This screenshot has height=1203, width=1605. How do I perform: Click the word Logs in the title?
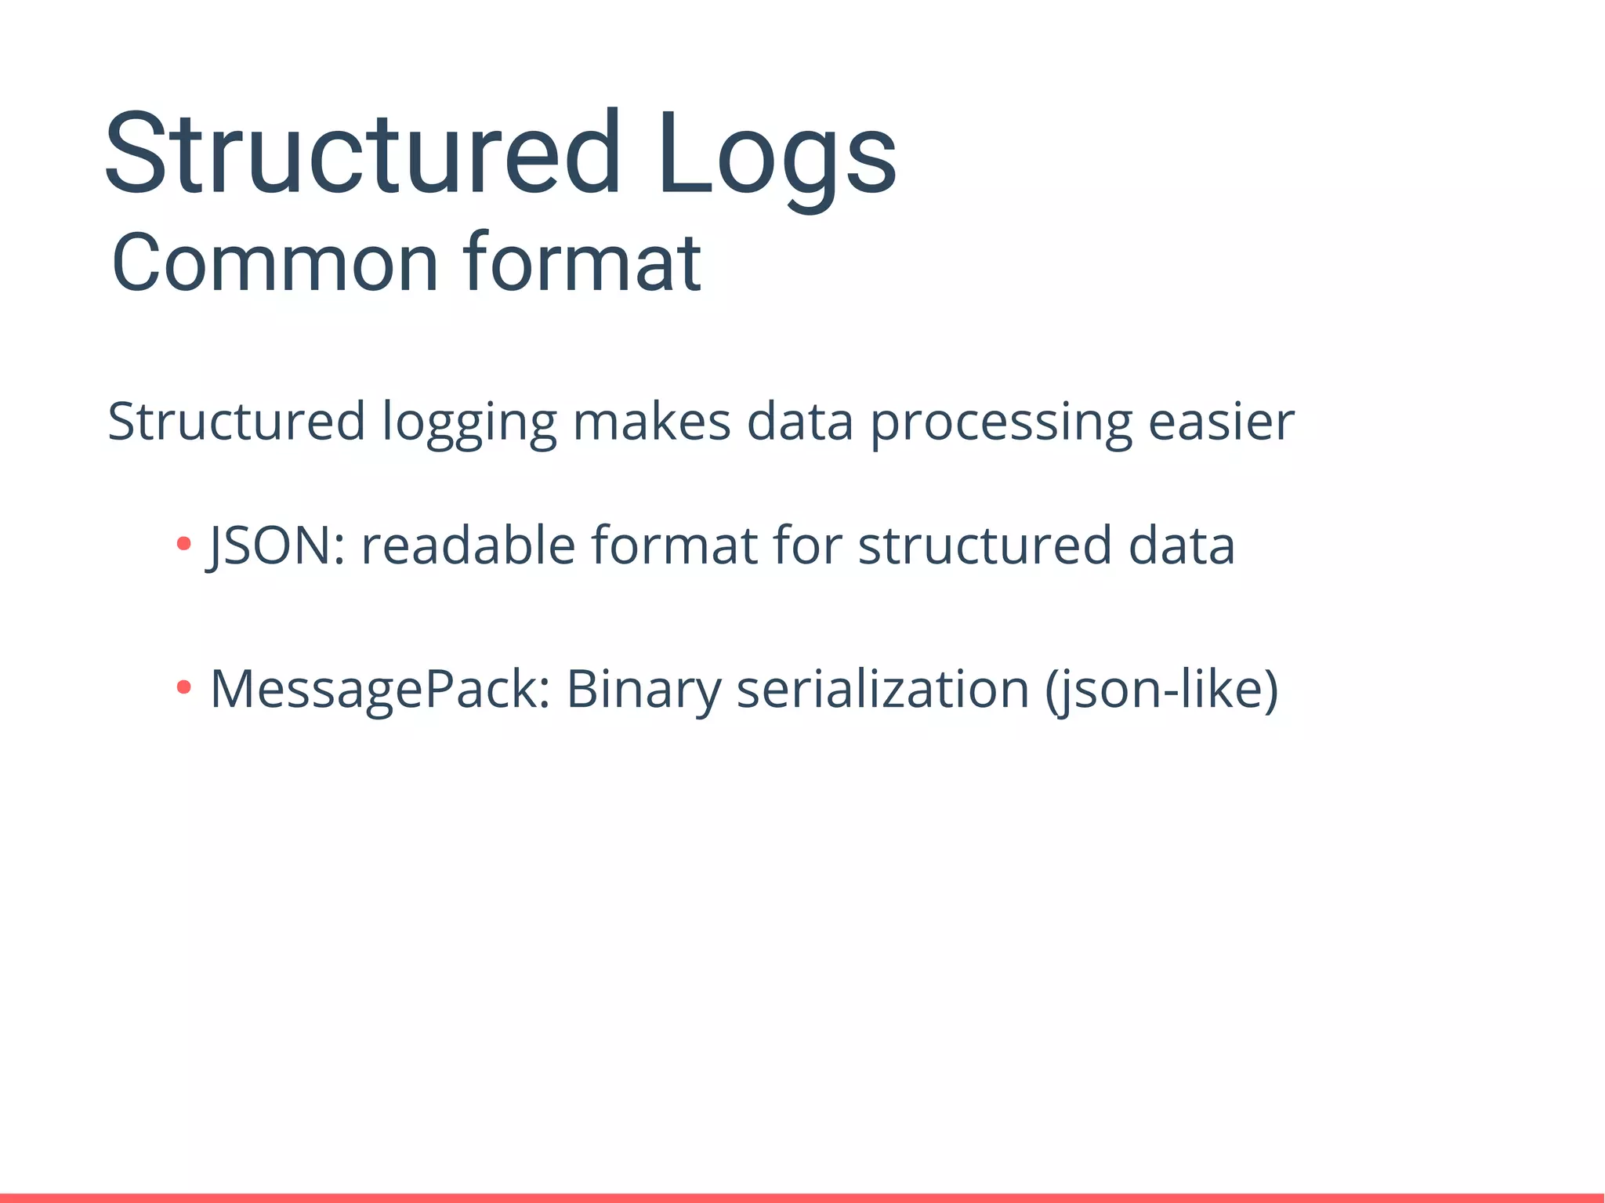click(x=776, y=157)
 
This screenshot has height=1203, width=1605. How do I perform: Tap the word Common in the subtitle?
click(x=274, y=263)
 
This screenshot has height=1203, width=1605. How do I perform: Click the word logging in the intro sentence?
click(x=469, y=424)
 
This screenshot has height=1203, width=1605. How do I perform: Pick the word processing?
click(x=1001, y=424)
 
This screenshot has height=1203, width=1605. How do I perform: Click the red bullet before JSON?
click(x=184, y=543)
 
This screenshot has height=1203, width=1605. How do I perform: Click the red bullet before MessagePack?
click(x=184, y=687)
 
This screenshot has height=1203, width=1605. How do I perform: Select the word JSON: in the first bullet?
click(x=275, y=545)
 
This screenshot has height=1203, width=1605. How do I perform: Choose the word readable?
click(x=468, y=545)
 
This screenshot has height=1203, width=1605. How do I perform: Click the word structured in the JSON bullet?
click(x=984, y=545)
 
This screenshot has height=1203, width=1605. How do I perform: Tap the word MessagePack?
click(x=380, y=690)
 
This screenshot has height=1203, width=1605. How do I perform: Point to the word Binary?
click(x=643, y=690)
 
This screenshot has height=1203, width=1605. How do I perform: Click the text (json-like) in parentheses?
click(x=1161, y=690)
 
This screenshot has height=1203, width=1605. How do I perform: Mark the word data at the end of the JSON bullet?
click(x=1181, y=545)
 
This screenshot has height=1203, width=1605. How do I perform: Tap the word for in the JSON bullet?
click(x=807, y=545)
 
